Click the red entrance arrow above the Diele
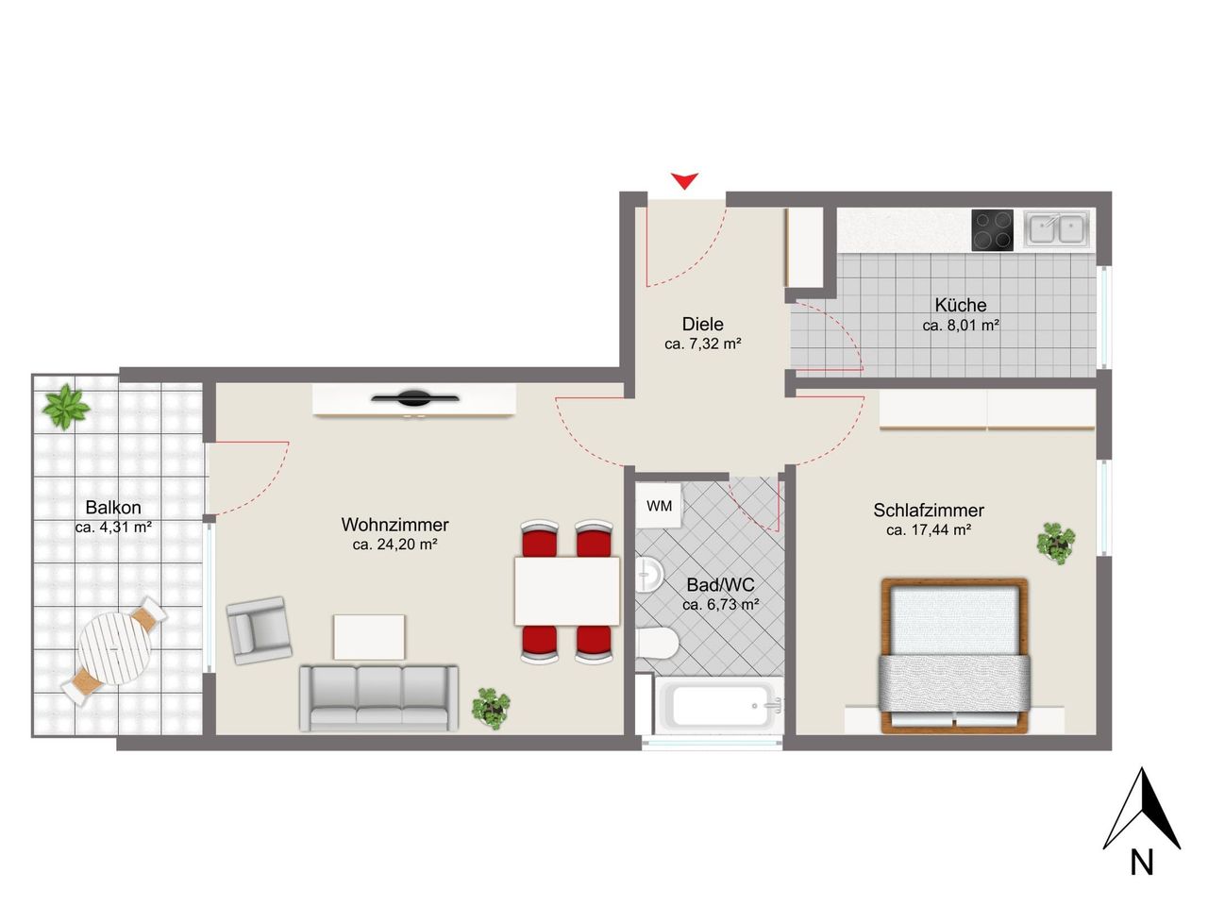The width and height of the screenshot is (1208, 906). (684, 180)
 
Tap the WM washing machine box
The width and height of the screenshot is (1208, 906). (658, 506)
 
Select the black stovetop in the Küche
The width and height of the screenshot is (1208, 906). (992, 230)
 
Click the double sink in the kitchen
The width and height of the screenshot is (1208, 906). (1056, 228)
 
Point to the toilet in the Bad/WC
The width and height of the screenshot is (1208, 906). (656, 643)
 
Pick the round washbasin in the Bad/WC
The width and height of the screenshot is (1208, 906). (648, 575)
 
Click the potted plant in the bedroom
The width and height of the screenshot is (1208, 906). (1055, 543)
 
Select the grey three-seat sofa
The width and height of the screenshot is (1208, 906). (378, 698)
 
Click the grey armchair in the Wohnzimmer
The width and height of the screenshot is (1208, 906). (259, 629)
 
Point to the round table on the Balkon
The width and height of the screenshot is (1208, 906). (115, 649)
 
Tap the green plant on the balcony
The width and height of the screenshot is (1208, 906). (66, 407)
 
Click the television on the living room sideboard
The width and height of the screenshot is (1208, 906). (414, 397)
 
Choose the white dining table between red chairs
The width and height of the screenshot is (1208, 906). (567, 591)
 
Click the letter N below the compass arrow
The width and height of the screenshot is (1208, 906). (1141, 863)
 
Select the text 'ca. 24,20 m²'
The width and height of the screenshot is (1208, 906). (395, 545)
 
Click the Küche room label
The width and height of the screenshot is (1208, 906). (961, 304)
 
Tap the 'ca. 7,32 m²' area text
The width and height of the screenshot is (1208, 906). (703, 344)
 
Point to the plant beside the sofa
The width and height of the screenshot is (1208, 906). (491, 708)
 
